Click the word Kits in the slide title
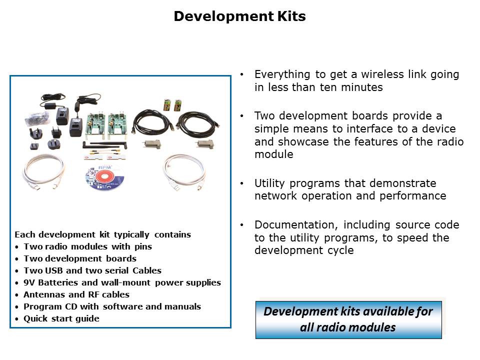291,16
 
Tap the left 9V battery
167,105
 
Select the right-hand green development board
117,123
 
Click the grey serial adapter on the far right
205,144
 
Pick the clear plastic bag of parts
37,118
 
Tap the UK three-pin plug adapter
35,133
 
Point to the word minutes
362,87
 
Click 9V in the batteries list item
29,282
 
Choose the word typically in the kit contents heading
131,235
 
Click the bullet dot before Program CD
17,307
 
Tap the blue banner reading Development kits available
348,320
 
